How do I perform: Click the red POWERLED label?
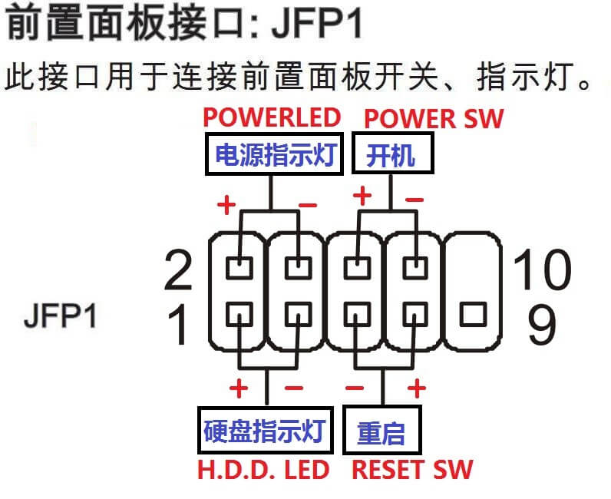pyautogui.click(x=271, y=117)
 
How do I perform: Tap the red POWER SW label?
pyautogui.click(x=434, y=119)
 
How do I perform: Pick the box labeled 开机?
pyautogui.click(x=391, y=157)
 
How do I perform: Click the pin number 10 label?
pyautogui.click(x=542, y=269)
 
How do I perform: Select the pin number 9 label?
pyautogui.click(x=541, y=325)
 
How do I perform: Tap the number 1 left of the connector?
pyautogui.click(x=178, y=325)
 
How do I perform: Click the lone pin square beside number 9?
pyautogui.click(x=474, y=314)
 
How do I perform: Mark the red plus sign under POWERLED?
pyautogui.click(x=226, y=205)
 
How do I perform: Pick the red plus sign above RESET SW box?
pyautogui.click(x=417, y=388)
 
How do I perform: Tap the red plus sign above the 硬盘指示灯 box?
pyautogui.click(x=239, y=388)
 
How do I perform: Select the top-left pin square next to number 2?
pyautogui.click(x=239, y=268)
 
